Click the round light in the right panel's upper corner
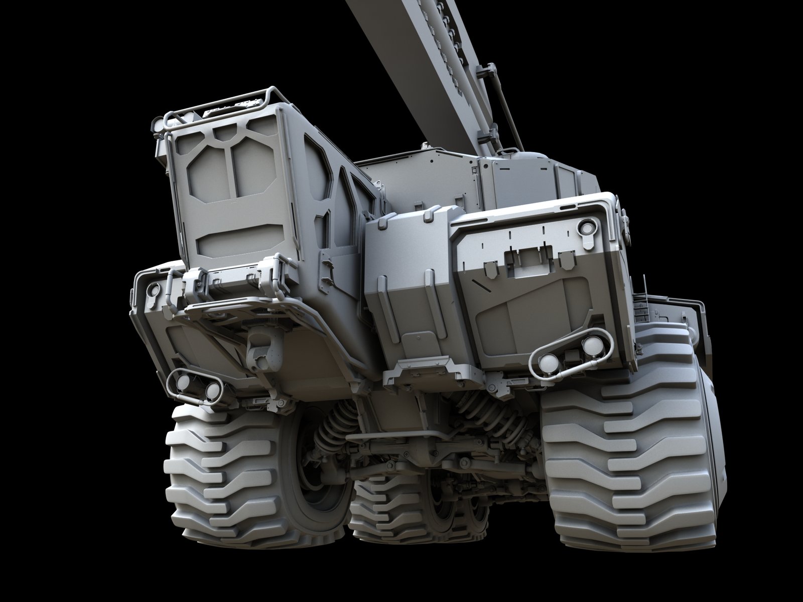(x=586, y=228)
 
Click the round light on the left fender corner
(x=153, y=288)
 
